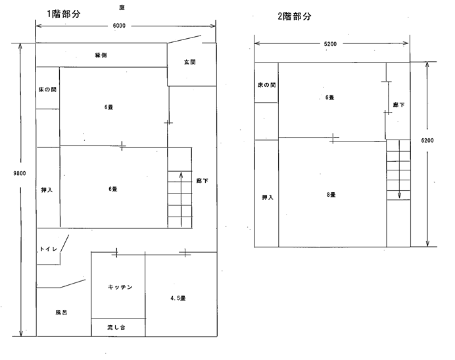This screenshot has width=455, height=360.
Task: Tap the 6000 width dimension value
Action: [119, 26]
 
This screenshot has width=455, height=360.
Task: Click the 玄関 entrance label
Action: [190, 62]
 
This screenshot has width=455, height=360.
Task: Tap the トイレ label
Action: [51, 249]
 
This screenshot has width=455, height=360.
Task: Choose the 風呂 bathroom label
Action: [62, 313]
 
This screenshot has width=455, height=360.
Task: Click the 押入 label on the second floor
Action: [267, 197]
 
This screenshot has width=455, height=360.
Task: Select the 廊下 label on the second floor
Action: [398, 105]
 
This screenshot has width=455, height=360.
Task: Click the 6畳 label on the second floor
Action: [329, 97]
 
